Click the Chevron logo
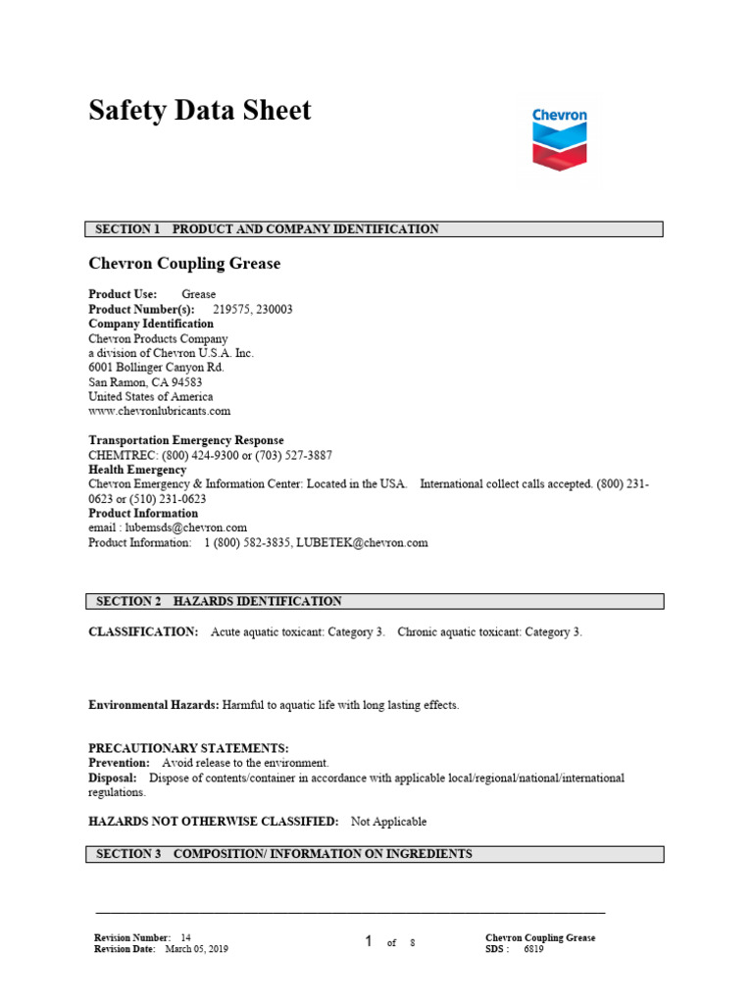[x=560, y=141]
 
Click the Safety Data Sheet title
[x=200, y=111]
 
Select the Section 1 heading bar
[x=375, y=229]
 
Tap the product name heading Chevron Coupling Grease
[x=184, y=264]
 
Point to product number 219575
[x=230, y=309]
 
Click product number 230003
[x=274, y=309]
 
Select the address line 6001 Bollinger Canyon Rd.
[x=156, y=368]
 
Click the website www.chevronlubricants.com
[x=159, y=412]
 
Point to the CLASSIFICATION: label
[x=143, y=632]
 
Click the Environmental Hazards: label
[x=154, y=705]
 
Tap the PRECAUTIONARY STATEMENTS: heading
[x=188, y=748]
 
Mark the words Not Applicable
[x=389, y=822]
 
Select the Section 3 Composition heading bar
[x=375, y=855]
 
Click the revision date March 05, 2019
[x=196, y=949]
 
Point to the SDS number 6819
[x=534, y=949]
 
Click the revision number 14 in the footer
[x=186, y=938]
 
